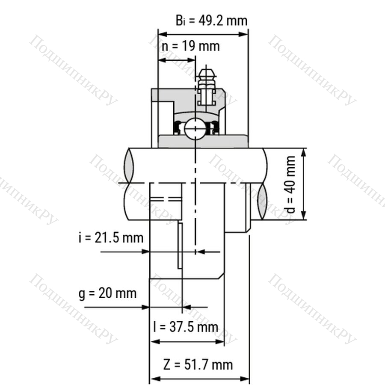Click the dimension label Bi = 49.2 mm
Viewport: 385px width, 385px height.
[211, 21]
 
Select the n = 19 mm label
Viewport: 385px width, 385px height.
[190, 46]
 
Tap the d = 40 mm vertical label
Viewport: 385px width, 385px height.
[291, 184]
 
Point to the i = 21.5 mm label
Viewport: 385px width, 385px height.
[111, 238]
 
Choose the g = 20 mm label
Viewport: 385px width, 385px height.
[107, 293]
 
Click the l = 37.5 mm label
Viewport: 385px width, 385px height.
[186, 327]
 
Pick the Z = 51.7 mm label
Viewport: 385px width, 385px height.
[198, 364]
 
